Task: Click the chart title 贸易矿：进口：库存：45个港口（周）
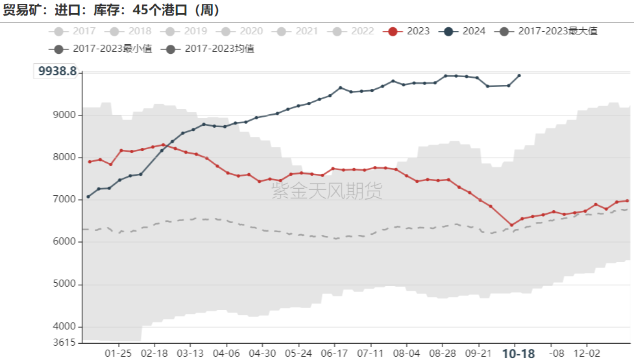pos(112,10)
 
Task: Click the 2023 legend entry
pos(409,31)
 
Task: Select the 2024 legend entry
pos(465,31)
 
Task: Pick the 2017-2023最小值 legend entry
pos(104,49)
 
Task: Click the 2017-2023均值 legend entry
pos(212,49)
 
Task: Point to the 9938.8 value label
pos(57,71)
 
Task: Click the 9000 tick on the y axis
pos(65,115)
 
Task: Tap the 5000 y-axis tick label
pos(65,285)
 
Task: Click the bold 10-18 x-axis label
pos(519,354)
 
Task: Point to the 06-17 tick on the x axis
pos(334,354)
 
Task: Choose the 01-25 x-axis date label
pos(118,354)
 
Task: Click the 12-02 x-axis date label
pos(587,354)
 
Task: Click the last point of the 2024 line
pos(518,75)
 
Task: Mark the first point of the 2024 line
pos(88,197)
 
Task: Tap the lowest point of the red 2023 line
pos(511,225)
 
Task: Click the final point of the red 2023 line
pos(627,200)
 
